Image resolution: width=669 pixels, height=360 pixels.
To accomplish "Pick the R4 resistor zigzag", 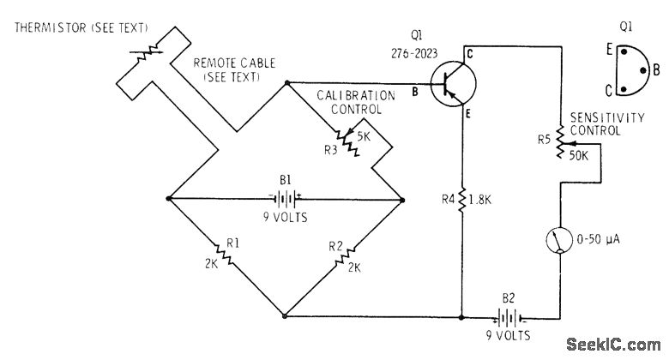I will pos(462,200).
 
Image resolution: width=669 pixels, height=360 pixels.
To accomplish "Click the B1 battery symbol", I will pos(286,198).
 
